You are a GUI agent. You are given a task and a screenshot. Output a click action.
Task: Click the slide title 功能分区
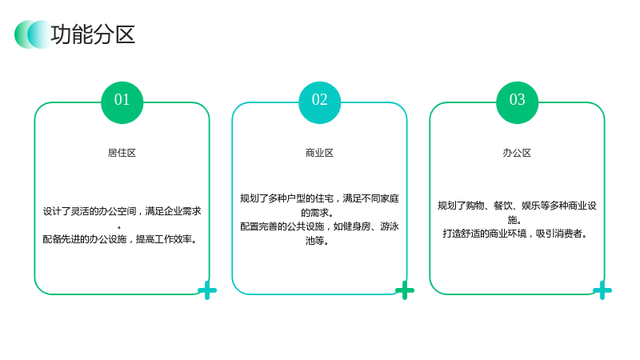click(93, 34)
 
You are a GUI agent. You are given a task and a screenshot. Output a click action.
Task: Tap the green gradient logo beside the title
click(33, 34)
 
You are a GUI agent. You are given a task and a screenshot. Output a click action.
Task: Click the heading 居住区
click(122, 153)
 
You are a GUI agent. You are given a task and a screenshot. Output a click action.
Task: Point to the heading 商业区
click(319, 153)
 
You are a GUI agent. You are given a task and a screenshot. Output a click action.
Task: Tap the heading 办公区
click(517, 153)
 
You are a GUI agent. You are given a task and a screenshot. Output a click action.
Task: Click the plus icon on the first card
click(207, 290)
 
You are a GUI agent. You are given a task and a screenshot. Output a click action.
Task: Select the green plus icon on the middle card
click(405, 290)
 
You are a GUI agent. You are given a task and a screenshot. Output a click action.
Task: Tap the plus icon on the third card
click(602, 290)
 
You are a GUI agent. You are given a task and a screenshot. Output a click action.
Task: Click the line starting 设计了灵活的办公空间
click(122, 211)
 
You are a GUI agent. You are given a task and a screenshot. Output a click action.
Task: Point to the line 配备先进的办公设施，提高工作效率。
click(120, 238)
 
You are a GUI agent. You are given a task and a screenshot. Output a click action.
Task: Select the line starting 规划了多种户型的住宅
click(319, 198)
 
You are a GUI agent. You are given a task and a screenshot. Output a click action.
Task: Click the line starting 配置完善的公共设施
click(319, 226)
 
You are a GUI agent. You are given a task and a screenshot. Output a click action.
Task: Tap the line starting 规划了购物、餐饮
click(517, 206)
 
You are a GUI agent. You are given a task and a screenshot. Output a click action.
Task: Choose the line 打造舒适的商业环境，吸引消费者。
click(515, 234)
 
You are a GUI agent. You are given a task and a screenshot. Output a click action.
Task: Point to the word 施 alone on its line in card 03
click(512, 219)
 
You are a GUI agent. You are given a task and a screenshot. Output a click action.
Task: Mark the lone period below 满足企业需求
click(119, 227)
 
